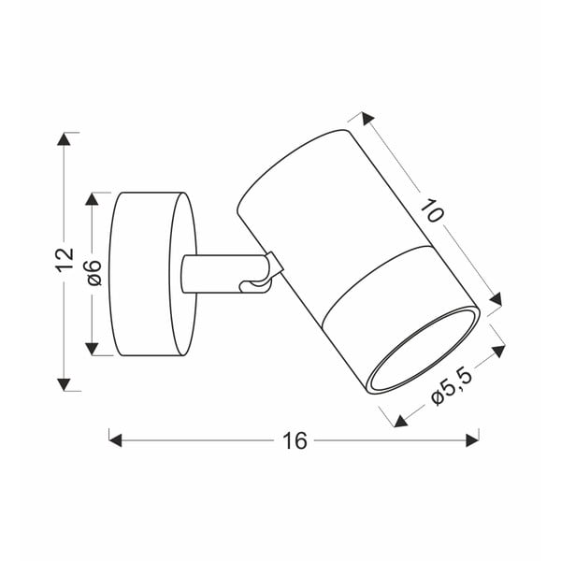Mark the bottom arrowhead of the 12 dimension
(x=64, y=382)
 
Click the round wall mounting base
(x=150, y=274)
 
